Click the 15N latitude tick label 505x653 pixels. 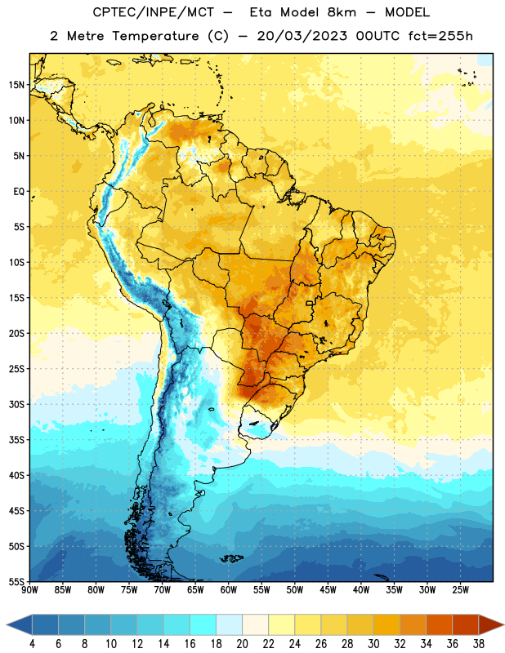click(x=16, y=85)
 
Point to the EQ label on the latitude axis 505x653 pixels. click(x=19, y=192)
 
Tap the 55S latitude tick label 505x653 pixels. click(x=16, y=581)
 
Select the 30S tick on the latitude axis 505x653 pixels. click(x=16, y=404)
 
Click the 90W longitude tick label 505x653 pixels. click(x=29, y=590)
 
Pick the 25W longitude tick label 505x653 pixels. click(x=460, y=590)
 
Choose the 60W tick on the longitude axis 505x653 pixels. click(x=229, y=590)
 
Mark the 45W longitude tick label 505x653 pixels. click(x=328, y=590)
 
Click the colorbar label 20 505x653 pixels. click(x=242, y=644)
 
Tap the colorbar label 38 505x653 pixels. click(x=479, y=644)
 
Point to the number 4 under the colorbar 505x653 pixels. click(x=32, y=644)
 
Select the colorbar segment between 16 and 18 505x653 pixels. click(x=203, y=624)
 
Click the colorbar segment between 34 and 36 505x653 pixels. click(x=439, y=624)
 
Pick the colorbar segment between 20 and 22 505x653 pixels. click(x=255, y=624)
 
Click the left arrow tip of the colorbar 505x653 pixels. click(x=7, y=624)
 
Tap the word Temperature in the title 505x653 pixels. click(x=155, y=36)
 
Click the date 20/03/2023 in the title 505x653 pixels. click(x=302, y=36)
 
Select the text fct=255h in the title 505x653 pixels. click(x=440, y=36)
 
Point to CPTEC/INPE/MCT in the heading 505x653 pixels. click(x=153, y=12)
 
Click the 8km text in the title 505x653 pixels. click(x=342, y=12)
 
